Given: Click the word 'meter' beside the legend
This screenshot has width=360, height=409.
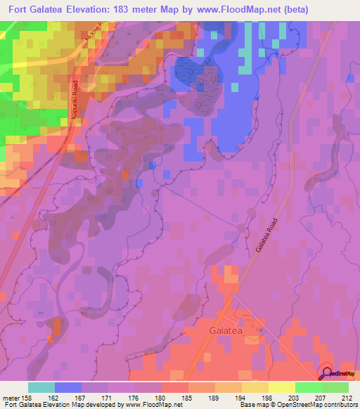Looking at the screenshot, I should click(x=12, y=398).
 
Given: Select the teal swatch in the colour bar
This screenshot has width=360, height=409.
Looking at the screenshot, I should click(x=41, y=387).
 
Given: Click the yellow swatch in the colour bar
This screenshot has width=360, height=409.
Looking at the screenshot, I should click(x=281, y=387).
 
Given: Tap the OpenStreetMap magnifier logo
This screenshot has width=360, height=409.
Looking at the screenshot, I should click(x=328, y=375).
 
